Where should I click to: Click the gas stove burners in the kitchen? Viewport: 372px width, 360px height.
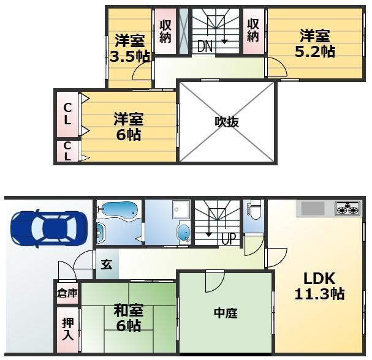tap(348, 208)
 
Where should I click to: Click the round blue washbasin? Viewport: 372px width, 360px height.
tap(184, 232)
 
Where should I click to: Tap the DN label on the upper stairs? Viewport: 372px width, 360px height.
tap(205, 46)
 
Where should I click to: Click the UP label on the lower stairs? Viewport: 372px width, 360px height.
tap(229, 239)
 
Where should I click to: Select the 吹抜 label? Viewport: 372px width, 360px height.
tap(227, 122)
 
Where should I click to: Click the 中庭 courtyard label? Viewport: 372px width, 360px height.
tap(226, 313)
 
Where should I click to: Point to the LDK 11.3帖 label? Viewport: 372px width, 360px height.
tap(319, 286)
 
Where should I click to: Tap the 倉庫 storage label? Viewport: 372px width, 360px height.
tap(67, 293)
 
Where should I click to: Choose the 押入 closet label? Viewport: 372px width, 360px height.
tap(68, 329)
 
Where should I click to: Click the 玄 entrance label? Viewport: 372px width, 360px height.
tap(107, 264)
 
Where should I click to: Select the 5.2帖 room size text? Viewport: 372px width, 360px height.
tap(315, 51)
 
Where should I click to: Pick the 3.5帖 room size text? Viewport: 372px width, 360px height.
tap(130, 56)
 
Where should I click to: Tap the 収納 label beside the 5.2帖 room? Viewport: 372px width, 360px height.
tap(253, 31)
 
